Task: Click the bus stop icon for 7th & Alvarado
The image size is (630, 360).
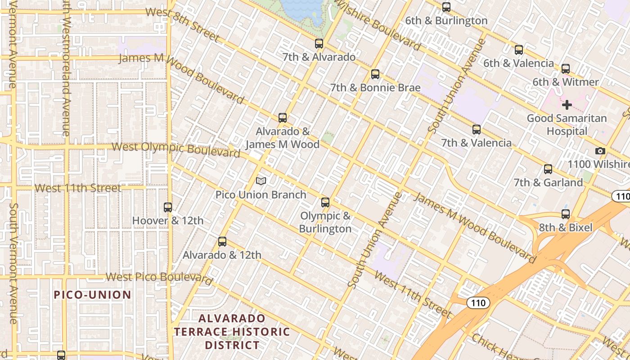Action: pyautogui.click(x=319, y=44)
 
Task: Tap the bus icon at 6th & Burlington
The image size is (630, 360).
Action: pyautogui.click(x=446, y=7)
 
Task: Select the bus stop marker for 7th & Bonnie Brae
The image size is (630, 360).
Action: pyautogui.click(x=375, y=74)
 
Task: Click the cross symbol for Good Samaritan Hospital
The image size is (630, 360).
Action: pyautogui.click(x=567, y=105)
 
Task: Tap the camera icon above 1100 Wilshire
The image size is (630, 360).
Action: pyautogui.click(x=600, y=151)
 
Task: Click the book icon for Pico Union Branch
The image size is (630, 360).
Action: pyautogui.click(x=261, y=181)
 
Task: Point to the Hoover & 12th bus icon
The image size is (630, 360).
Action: pyautogui.click(x=168, y=207)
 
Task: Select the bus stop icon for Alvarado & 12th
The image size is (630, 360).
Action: pyautogui.click(x=222, y=242)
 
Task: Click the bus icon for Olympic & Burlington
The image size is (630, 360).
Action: pyautogui.click(x=325, y=202)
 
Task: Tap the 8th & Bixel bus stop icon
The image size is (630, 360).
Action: pyautogui.click(x=566, y=214)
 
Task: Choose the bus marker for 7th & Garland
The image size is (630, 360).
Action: pyautogui.click(x=548, y=169)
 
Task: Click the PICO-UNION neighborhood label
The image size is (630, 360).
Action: pyautogui.click(x=93, y=295)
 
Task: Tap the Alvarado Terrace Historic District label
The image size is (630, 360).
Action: pyautogui.click(x=232, y=332)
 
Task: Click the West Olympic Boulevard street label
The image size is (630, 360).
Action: pyautogui.click(x=175, y=149)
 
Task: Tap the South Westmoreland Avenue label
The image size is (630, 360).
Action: pyautogui.click(x=66, y=67)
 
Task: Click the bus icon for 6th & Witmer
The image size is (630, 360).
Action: pyautogui.click(x=566, y=69)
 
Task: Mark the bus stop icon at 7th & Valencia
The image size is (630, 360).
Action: pyautogui.click(x=477, y=130)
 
